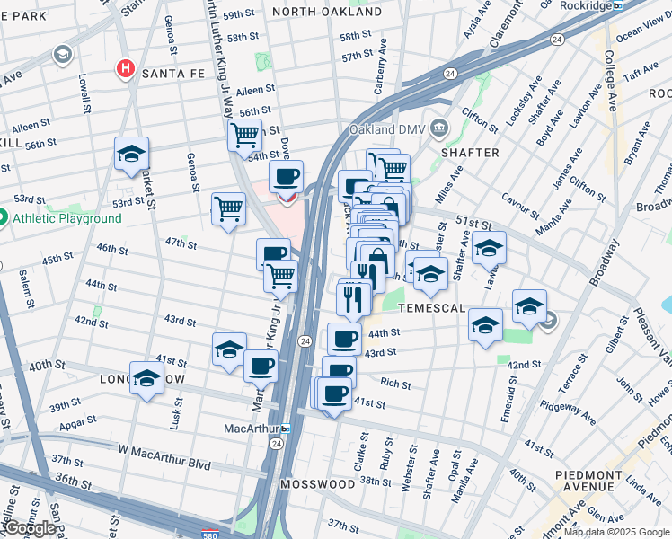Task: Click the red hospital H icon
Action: (126, 68)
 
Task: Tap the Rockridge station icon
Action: (618, 5)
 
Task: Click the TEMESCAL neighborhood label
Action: (433, 308)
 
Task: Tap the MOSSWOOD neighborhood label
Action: (317, 484)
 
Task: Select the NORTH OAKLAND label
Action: (315, 12)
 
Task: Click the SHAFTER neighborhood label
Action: (470, 153)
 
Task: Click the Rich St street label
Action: (394, 384)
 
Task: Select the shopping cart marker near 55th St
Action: (243, 136)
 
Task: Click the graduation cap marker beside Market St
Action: (131, 154)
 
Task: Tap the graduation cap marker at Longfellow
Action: (146, 377)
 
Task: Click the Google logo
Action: (29, 529)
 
